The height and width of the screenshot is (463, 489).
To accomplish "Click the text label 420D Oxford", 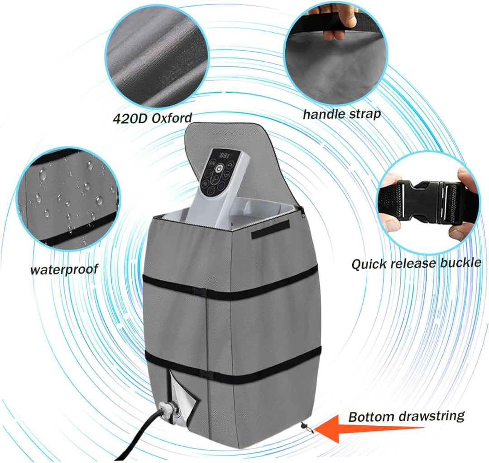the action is point(152,118).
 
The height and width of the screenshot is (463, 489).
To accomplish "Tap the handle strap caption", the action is point(341,114).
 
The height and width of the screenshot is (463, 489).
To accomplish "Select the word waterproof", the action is point(64,270).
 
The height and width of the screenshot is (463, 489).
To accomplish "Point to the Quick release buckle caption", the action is point(416,263).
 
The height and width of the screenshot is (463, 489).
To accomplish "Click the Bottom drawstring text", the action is point(406,416).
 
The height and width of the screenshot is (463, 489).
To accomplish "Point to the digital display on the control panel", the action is point(225,155).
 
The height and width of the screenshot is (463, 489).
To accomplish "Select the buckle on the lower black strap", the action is point(207,374).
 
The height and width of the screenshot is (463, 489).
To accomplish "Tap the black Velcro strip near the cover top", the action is point(270,229).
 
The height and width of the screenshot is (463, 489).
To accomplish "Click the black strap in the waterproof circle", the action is point(78,232).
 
